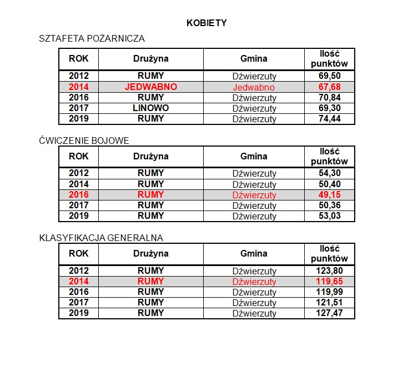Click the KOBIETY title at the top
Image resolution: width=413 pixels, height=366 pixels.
[x=206, y=23]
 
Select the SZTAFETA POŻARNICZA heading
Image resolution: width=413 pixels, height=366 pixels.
[x=92, y=39]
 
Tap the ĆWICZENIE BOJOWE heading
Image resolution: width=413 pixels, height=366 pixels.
[x=84, y=141]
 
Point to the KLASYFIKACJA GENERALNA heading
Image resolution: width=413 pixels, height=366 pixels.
[x=100, y=238]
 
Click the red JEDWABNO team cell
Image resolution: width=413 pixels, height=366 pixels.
[x=151, y=87]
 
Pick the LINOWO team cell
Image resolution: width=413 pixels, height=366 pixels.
[x=151, y=108]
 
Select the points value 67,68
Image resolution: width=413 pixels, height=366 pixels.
[x=330, y=87]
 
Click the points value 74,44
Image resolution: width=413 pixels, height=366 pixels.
[x=330, y=118]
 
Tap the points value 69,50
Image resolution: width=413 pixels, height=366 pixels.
[x=330, y=76]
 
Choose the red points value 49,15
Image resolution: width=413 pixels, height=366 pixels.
[x=330, y=195]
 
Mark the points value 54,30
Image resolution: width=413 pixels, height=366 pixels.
[x=330, y=173]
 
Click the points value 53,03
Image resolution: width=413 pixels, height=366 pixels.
[x=330, y=215]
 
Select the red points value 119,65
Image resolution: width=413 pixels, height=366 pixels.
[x=330, y=282]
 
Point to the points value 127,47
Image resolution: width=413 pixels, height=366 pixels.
[x=330, y=313]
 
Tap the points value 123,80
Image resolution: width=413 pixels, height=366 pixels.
[x=330, y=270]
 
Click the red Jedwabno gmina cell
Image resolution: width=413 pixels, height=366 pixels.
[x=254, y=87]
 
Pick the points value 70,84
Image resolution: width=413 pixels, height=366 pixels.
[x=330, y=98]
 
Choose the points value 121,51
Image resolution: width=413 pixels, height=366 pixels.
[x=330, y=303]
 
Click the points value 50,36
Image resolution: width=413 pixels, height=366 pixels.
[x=330, y=205]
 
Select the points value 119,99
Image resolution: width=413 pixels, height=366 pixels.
[x=330, y=292]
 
